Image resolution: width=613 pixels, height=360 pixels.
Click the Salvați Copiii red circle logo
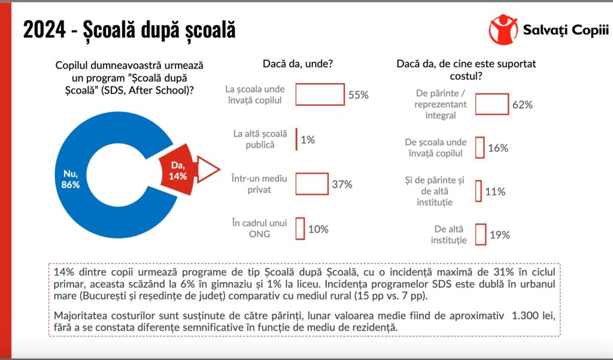(x=503, y=29)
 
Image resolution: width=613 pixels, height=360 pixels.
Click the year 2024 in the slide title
(x=43, y=30)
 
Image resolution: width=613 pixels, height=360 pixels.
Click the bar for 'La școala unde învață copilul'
(x=320, y=95)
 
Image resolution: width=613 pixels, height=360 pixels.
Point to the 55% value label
(x=358, y=95)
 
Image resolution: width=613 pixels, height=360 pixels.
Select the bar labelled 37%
(x=312, y=184)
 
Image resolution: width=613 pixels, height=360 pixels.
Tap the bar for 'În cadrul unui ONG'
(x=300, y=228)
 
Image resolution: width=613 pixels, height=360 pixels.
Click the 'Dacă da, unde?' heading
(x=298, y=63)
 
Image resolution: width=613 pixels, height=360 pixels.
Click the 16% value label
(x=498, y=147)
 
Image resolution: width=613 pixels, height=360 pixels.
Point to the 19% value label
(x=499, y=235)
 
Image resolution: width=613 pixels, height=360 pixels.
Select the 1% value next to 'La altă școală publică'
(x=308, y=140)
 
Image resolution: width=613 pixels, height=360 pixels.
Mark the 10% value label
(x=318, y=229)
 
